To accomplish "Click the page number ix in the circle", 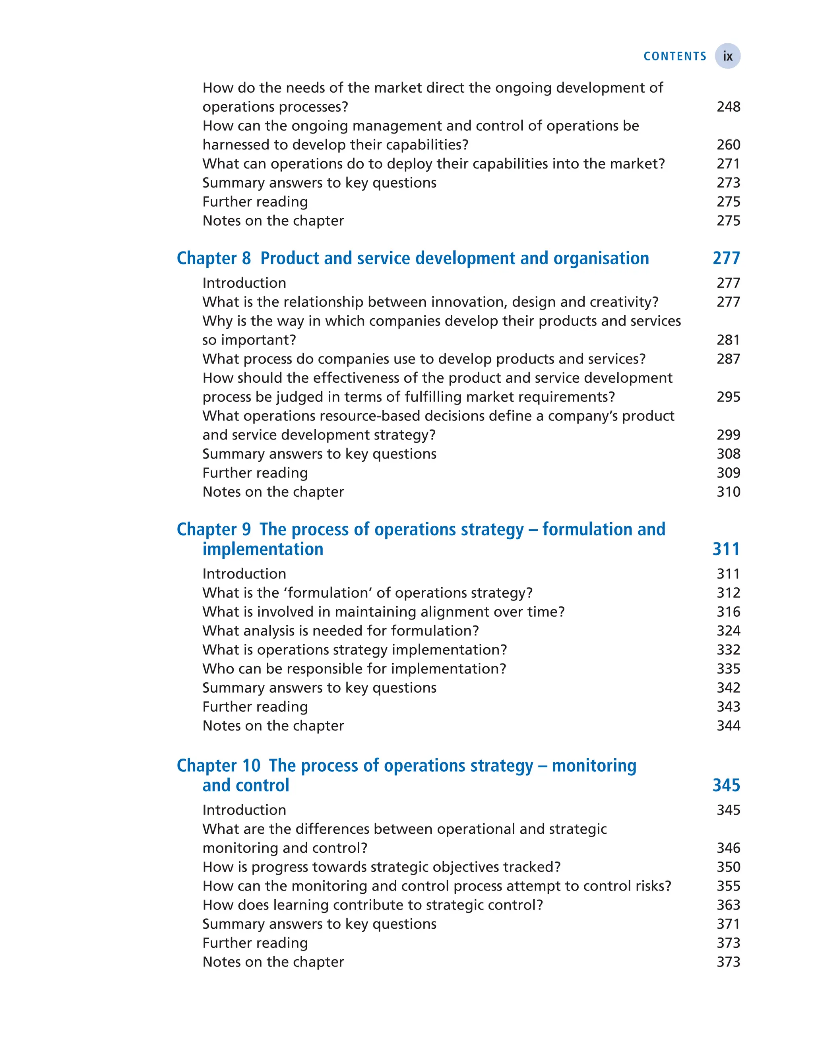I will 727,56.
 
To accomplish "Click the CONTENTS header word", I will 674,56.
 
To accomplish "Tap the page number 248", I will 728,106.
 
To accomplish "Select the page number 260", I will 728,144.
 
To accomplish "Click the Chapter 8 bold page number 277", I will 726,258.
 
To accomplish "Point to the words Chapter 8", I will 214,258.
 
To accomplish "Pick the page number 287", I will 728,358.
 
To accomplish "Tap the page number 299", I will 728,435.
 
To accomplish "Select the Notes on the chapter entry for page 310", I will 273,492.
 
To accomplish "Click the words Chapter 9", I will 214,529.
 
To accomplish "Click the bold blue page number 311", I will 726,549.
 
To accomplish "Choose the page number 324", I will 728,630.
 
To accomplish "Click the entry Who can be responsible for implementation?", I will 354,668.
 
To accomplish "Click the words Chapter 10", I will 219,765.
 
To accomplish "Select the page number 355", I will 728,886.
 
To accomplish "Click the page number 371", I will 728,924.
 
